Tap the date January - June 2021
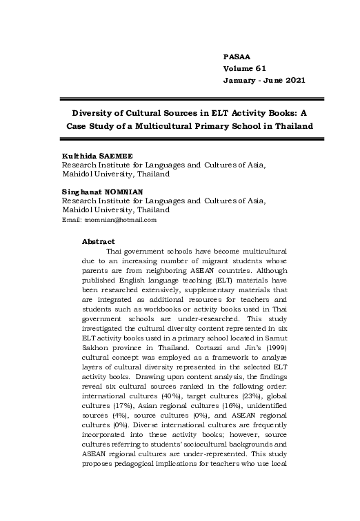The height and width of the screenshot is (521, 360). (264, 81)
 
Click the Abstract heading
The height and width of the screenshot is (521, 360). (98, 241)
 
